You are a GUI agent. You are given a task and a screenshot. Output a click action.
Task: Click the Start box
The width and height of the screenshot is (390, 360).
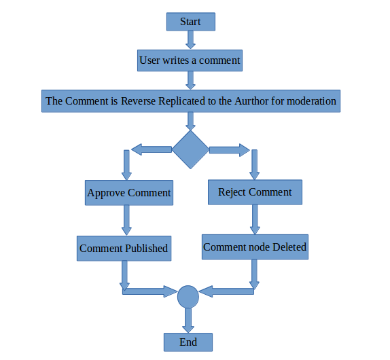[191, 22]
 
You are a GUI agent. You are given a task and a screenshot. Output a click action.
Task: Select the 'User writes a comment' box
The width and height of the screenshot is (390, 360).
[190, 60]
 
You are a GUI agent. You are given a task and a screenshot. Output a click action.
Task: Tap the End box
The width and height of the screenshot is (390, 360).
[188, 342]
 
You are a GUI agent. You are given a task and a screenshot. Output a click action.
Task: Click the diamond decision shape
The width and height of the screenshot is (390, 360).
[190, 149]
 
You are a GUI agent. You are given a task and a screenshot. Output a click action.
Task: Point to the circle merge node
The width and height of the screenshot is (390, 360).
[188, 297]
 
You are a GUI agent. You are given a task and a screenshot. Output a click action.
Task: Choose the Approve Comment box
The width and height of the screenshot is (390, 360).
[129, 193]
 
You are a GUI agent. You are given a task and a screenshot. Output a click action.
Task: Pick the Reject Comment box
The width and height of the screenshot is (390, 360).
[255, 192]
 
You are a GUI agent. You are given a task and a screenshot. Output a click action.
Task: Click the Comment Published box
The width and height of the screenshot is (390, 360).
[124, 249]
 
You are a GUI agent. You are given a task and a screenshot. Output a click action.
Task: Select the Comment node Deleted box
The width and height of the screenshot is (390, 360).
[255, 247]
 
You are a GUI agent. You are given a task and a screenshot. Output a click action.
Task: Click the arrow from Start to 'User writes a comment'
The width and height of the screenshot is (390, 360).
[190, 40]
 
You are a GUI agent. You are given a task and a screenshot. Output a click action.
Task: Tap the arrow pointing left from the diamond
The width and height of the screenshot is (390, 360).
[152, 149]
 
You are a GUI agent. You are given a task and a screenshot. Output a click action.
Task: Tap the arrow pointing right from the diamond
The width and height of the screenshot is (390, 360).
[230, 150]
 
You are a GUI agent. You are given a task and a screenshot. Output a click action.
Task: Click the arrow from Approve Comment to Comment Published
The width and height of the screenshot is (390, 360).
[126, 220]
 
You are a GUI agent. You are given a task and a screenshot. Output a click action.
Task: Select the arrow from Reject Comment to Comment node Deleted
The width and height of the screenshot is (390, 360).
[255, 219]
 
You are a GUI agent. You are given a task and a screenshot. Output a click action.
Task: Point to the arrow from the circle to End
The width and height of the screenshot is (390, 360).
[188, 320]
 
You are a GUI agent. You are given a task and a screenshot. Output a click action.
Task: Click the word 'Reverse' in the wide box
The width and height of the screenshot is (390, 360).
[139, 101]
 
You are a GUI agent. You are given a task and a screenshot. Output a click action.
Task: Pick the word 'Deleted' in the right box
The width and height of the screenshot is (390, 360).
[289, 247]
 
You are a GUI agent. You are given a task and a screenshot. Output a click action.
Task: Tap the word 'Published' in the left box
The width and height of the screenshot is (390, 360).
[146, 249]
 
